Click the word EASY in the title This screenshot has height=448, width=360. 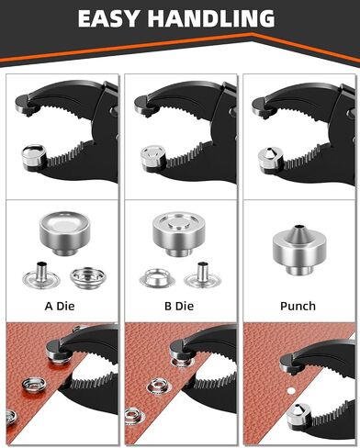(108, 18)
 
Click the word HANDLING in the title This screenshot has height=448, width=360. (211, 18)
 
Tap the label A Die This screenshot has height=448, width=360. (60, 306)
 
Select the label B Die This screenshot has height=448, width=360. (179, 306)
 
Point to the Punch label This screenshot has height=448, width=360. (298, 306)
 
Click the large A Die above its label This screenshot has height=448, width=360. (64, 232)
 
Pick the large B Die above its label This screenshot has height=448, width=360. (177, 233)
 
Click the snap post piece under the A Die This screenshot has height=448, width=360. (40, 276)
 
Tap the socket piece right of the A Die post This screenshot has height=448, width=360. (88, 277)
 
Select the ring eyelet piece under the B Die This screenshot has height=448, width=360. (157, 278)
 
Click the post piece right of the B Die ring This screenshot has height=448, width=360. (202, 276)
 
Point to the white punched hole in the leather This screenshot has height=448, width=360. (291, 390)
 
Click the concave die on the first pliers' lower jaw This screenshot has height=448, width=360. (34, 156)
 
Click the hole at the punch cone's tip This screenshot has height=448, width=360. (298, 227)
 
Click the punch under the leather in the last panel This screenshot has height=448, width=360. (298, 416)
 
